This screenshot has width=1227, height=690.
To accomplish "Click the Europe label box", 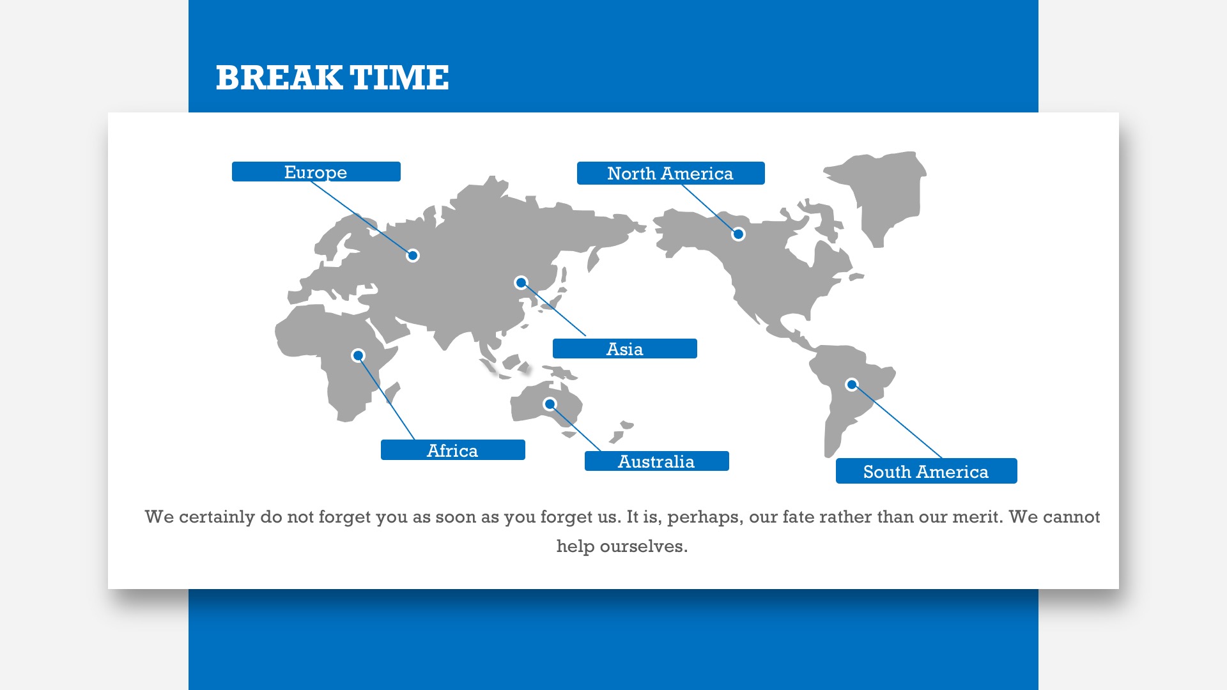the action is tap(316, 172).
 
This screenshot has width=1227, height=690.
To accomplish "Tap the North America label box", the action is tap(671, 173).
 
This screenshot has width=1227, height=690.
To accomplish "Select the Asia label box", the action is tap(625, 349).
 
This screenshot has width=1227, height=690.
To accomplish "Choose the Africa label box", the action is tap(453, 450).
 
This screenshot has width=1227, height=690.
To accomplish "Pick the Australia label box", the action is tap(657, 461).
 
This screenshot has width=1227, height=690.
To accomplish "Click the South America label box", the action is tap(927, 471).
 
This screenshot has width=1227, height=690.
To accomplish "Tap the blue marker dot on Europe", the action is tap(413, 256).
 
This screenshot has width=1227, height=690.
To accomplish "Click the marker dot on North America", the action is tap(738, 234).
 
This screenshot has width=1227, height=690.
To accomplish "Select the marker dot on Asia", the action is tap(521, 282).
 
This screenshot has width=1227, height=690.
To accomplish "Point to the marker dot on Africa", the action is tap(359, 355).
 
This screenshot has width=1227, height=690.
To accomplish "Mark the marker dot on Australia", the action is tap(550, 404).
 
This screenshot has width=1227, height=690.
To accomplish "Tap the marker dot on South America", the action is tap(852, 385).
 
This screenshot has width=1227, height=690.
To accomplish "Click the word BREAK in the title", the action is tap(279, 78).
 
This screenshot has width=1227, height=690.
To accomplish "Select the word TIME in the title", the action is tap(399, 78).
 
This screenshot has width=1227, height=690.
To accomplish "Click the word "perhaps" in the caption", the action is tap(705, 517).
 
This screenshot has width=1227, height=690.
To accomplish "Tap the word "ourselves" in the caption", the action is tap(644, 547).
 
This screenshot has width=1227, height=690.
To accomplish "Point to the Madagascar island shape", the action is tap(392, 393).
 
